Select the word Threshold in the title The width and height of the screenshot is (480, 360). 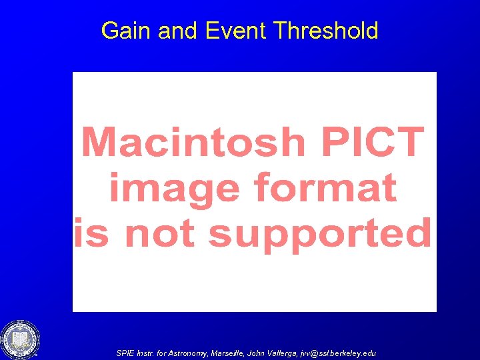(326, 31)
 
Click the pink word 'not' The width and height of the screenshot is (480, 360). (160, 234)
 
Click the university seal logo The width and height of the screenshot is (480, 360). (20, 339)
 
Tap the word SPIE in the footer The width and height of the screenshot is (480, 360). (125, 353)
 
